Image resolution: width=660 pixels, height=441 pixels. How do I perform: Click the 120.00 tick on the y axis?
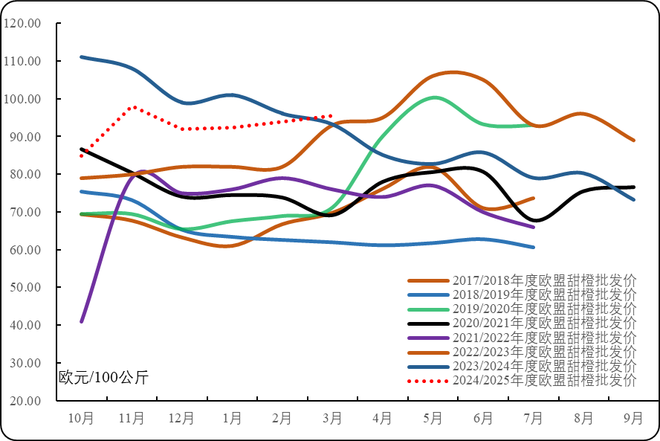click(23, 23)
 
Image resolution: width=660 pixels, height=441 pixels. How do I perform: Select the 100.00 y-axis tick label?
click(23, 99)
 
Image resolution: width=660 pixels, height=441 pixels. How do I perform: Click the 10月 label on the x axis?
click(81, 419)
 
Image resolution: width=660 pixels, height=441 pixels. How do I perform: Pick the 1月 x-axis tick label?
click(232, 419)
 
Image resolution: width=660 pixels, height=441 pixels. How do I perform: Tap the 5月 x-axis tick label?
click(433, 419)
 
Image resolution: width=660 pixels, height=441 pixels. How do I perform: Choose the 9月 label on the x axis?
click(633, 419)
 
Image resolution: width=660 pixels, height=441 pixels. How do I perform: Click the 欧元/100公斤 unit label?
click(104, 376)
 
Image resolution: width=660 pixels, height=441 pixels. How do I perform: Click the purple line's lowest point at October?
click(82, 321)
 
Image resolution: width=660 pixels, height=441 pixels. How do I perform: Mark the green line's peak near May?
click(434, 97)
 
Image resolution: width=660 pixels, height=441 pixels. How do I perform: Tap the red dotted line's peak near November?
click(133, 107)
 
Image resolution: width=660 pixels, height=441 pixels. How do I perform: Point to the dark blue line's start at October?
click(82, 57)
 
